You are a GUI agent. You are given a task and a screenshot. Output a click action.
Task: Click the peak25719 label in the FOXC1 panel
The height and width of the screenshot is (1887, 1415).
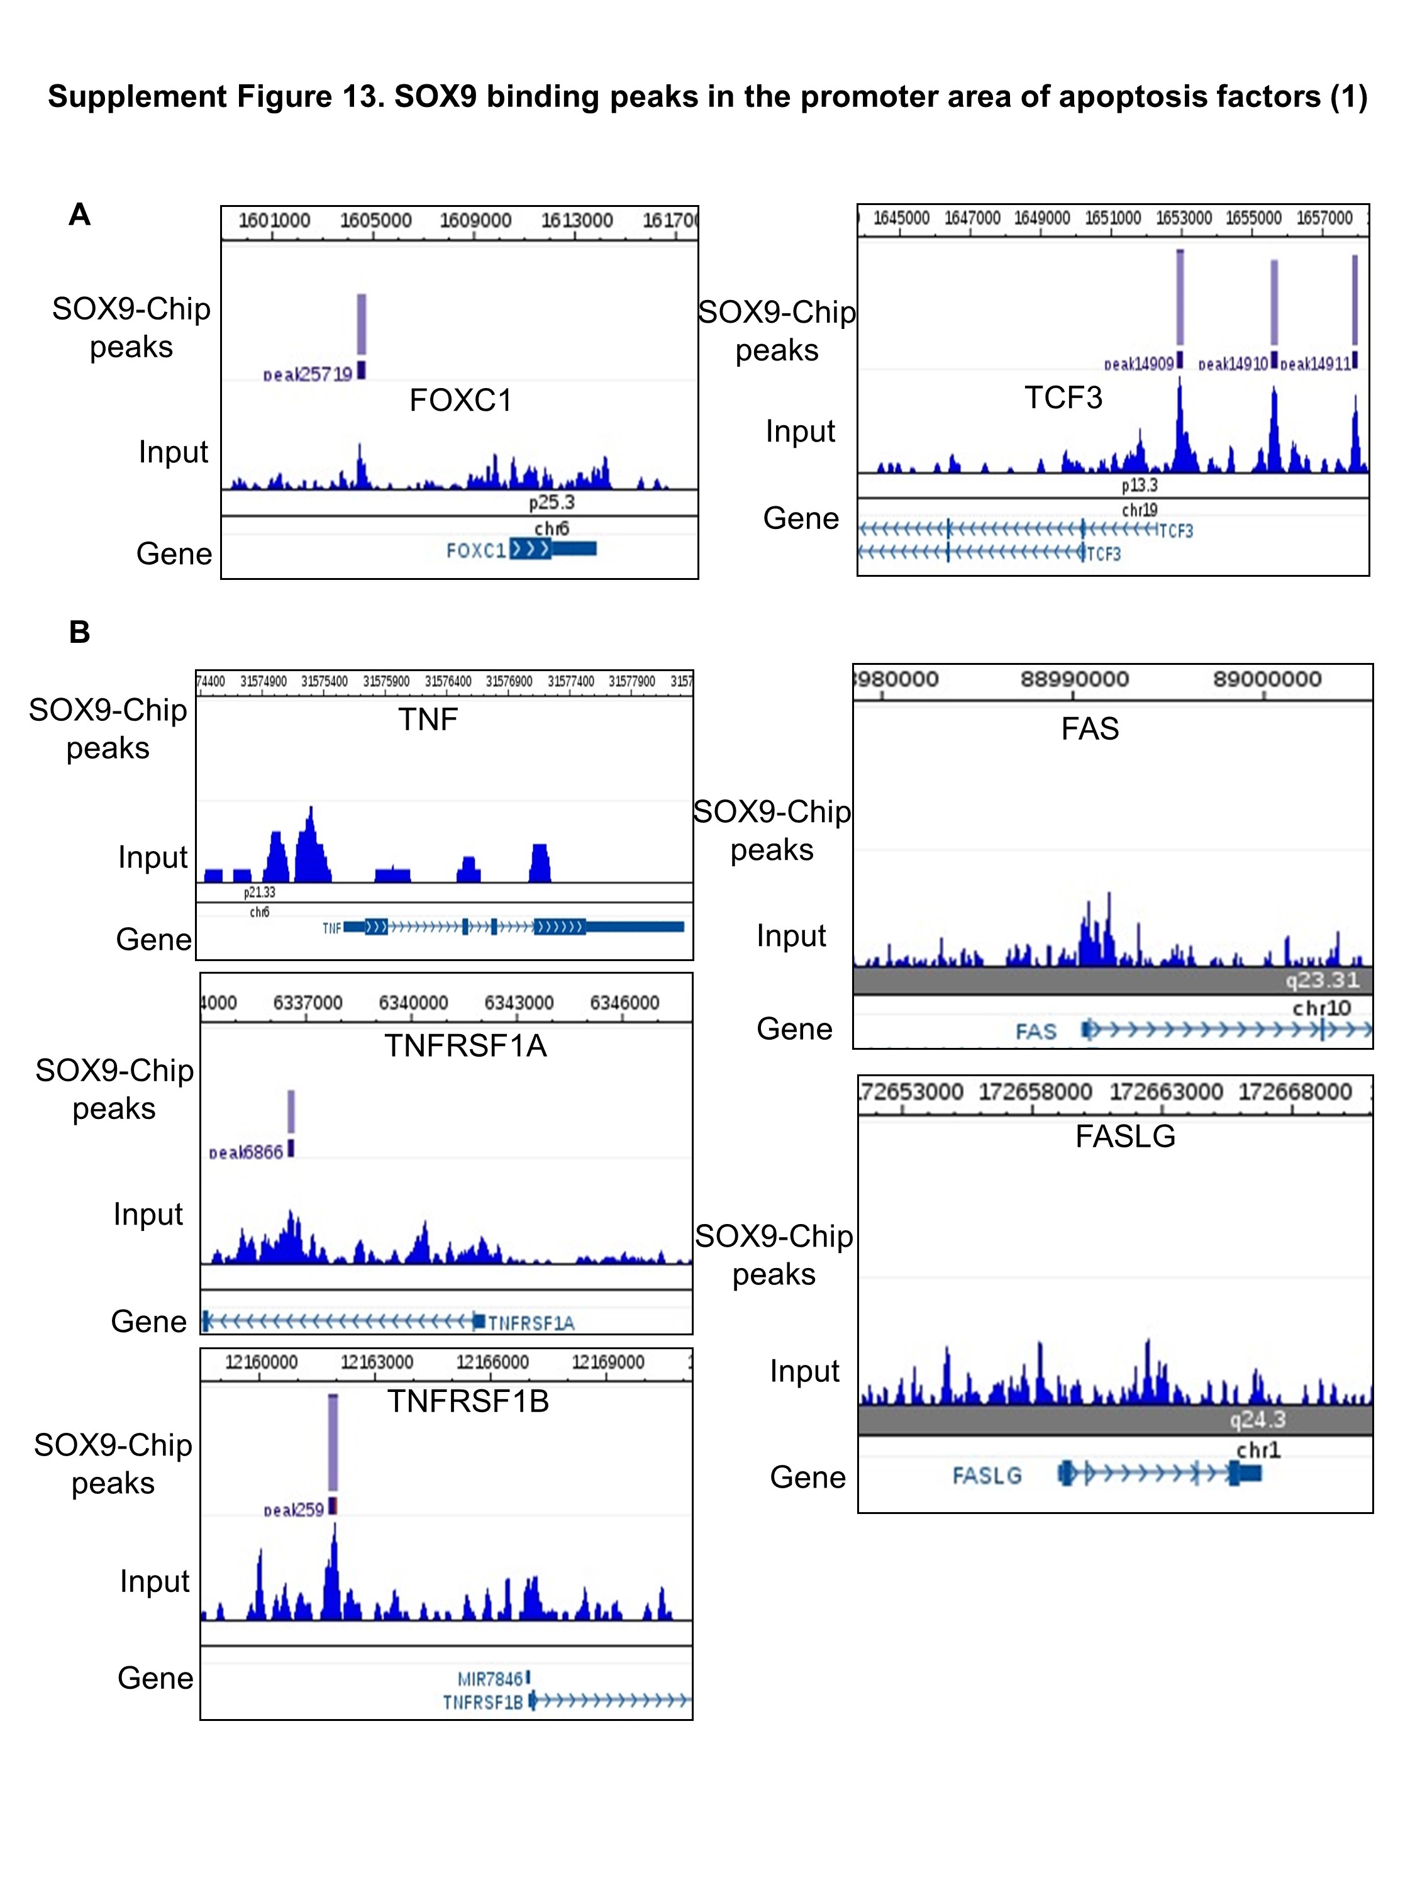coord(307,374)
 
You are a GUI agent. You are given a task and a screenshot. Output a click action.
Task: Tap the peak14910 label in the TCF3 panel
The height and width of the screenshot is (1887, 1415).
coord(1233,364)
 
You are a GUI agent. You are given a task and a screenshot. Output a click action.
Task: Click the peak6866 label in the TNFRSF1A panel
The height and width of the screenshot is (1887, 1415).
coord(246,1152)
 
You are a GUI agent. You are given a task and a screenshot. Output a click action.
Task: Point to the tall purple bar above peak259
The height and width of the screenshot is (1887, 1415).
coord(333,1442)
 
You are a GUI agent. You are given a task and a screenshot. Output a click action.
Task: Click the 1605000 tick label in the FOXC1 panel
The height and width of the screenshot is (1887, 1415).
coord(375,220)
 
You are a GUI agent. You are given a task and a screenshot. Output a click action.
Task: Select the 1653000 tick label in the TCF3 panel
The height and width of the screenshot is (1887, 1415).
coord(1183,218)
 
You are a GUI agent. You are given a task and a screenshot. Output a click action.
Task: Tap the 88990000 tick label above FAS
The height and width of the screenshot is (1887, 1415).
coord(1074,679)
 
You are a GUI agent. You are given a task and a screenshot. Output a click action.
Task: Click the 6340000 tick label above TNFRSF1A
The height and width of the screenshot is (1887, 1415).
coord(413,1003)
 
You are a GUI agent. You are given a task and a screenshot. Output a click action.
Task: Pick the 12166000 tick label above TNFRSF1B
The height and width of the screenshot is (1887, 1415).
coord(492,1362)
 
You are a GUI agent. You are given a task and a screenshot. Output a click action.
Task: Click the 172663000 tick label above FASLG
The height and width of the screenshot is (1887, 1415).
coord(1165,1092)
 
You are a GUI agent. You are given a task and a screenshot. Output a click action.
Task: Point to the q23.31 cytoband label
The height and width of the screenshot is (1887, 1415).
coord(1322,980)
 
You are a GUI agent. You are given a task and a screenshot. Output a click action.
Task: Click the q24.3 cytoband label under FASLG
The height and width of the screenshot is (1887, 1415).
coord(1257,1420)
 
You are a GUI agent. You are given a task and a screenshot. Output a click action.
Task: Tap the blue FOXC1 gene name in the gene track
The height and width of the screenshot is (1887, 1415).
coord(476,550)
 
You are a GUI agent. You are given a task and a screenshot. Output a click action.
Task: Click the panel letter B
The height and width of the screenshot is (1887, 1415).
coord(79,632)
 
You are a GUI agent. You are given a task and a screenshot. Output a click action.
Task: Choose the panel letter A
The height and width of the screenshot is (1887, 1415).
coord(79,214)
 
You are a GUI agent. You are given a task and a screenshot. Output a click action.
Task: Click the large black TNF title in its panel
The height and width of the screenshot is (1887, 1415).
coord(427,719)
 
